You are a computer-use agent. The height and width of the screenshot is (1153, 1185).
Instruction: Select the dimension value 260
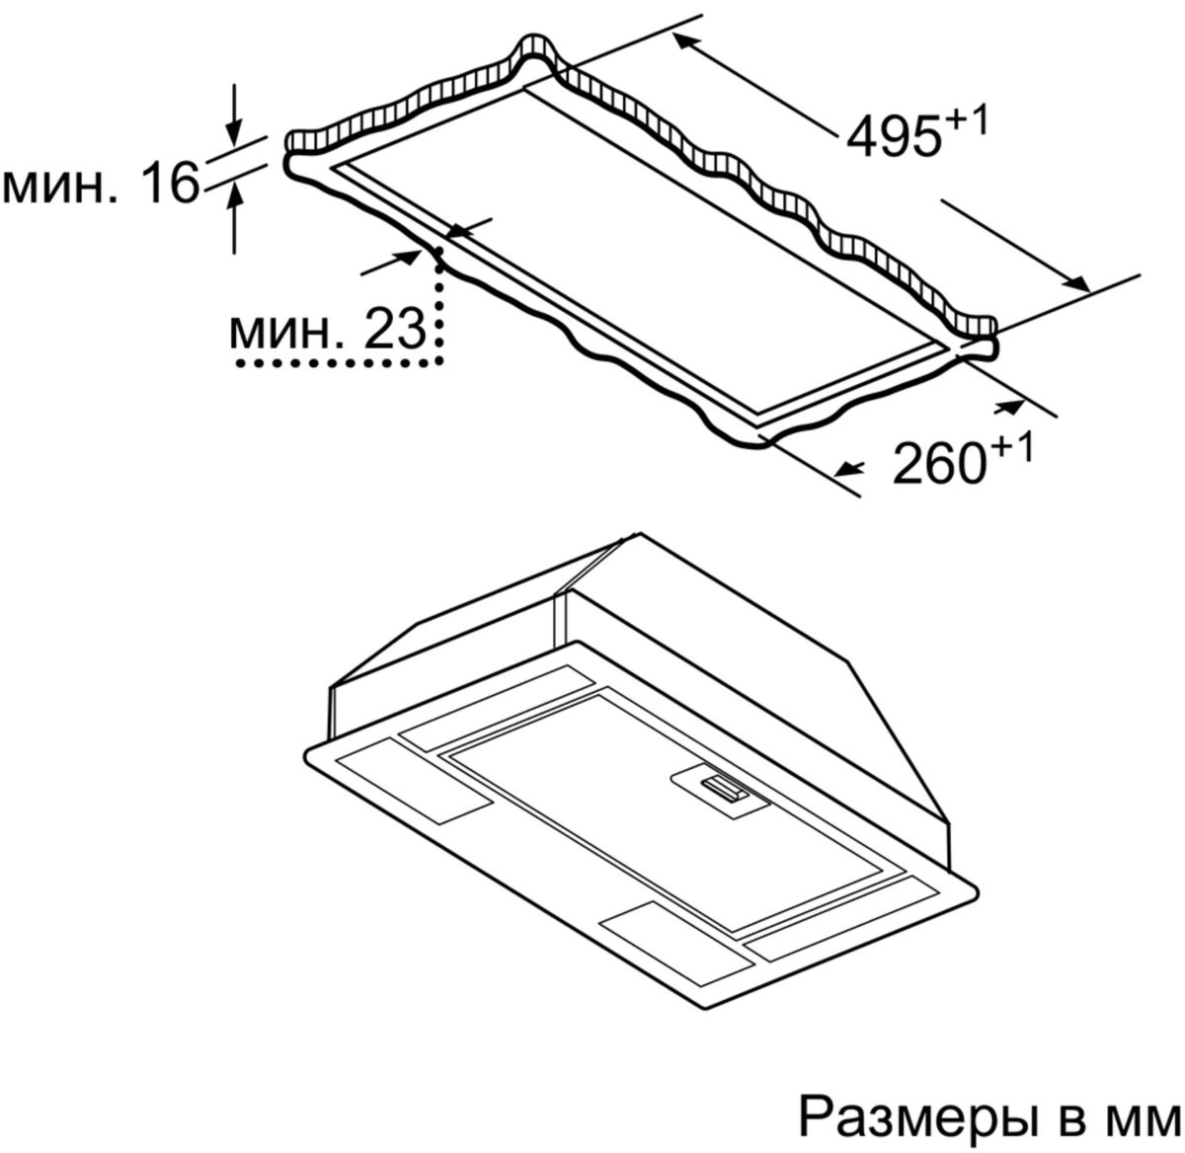pyautogui.click(x=938, y=465)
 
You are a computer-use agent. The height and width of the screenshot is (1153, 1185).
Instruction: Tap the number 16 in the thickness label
pyautogui.click(x=170, y=182)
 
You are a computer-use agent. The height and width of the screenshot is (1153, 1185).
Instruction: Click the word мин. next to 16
pyautogui.click(x=59, y=187)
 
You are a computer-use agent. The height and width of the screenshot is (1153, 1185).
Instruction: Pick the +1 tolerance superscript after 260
pyautogui.click(x=1011, y=450)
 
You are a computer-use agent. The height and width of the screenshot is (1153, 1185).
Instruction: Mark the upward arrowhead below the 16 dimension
pyautogui.click(x=234, y=197)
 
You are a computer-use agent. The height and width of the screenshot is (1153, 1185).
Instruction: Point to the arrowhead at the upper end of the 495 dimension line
pyautogui.click(x=685, y=42)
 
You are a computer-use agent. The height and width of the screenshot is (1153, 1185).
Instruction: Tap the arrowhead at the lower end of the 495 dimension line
pyautogui.click(x=1075, y=283)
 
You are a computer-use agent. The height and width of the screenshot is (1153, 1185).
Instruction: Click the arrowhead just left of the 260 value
pyautogui.click(x=850, y=468)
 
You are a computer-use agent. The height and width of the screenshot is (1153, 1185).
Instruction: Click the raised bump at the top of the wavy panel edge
pyautogui.click(x=536, y=46)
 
